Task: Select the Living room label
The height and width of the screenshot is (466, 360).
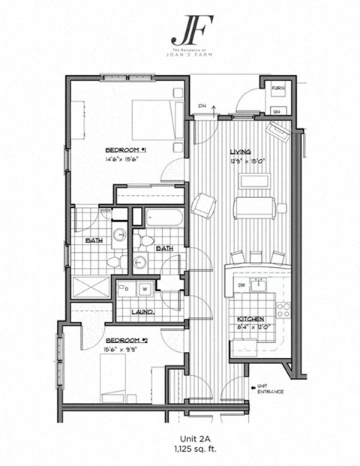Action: (x=240, y=152)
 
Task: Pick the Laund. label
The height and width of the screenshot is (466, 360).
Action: (x=142, y=311)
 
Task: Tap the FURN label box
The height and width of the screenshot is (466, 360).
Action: (x=277, y=88)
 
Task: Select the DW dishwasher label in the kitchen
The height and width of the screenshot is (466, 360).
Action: (x=241, y=285)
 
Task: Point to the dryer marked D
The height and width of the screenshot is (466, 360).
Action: (x=126, y=289)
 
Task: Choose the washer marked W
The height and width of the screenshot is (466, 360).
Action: (x=145, y=289)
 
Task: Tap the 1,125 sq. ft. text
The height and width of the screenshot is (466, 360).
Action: (x=180, y=450)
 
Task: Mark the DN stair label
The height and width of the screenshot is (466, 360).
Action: (x=202, y=106)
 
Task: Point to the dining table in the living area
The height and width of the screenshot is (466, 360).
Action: (x=255, y=206)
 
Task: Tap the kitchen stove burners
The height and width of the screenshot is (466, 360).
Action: (x=283, y=308)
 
